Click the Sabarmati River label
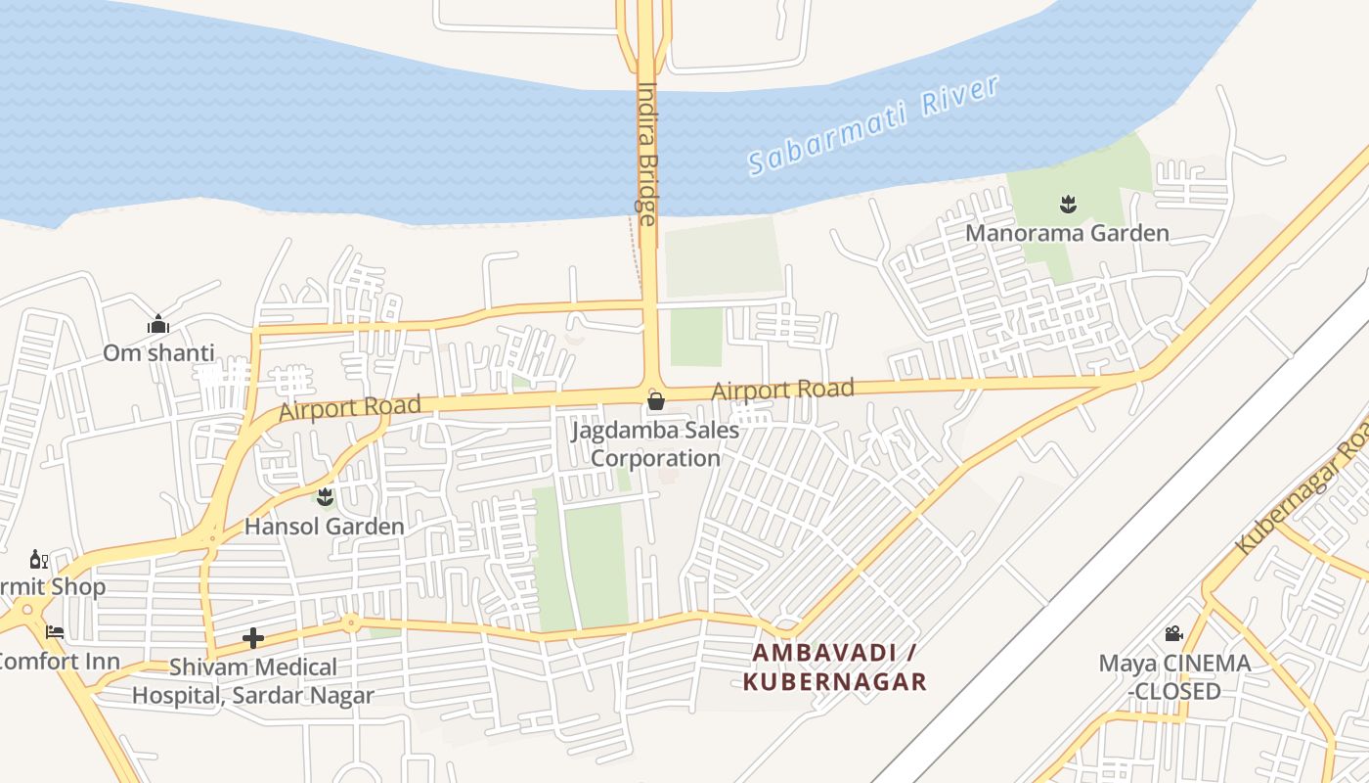(x=874, y=124)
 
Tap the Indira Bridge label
(x=647, y=152)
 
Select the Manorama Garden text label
(x=1067, y=233)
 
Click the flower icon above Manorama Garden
(x=1067, y=205)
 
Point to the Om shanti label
(x=158, y=352)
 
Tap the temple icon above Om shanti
(x=158, y=324)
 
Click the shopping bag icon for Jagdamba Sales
(x=656, y=401)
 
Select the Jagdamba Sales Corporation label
(x=655, y=443)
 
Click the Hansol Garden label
(x=324, y=527)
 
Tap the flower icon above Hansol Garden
(x=326, y=497)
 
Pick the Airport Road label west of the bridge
(x=350, y=408)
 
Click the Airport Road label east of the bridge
(x=782, y=390)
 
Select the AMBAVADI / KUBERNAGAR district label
(x=834, y=667)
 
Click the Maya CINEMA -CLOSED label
(x=1174, y=676)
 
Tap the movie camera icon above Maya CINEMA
(x=1174, y=634)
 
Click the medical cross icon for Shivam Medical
(x=253, y=639)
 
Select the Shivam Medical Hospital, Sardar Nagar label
(x=253, y=681)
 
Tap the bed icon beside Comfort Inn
(x=55, y=632)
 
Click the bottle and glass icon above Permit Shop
(x=39, y=560)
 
